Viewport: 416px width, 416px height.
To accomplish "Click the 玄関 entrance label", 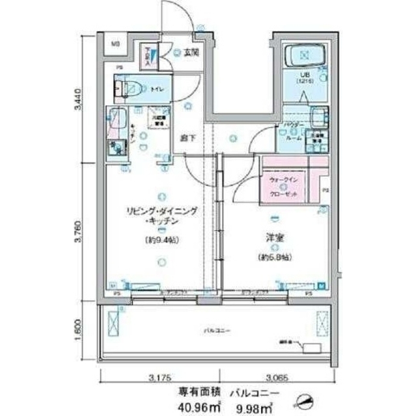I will [191, 53].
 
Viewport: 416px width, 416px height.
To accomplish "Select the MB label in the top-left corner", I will [114, 45].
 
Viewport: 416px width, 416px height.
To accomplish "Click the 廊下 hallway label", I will [187, 138].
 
